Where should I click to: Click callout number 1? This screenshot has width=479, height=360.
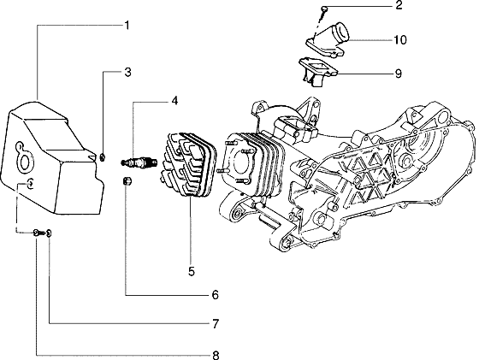click(x=126, y=26)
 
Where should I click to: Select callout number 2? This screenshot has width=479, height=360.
click(x=398, y=8)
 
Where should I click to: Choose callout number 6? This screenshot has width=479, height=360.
click(x=215, y=296)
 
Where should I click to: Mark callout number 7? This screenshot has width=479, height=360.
click(x=215, y=325)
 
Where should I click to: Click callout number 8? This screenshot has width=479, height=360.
click(x=215, y=353)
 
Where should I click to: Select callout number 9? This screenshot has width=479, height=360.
click(x=398, y=74)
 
